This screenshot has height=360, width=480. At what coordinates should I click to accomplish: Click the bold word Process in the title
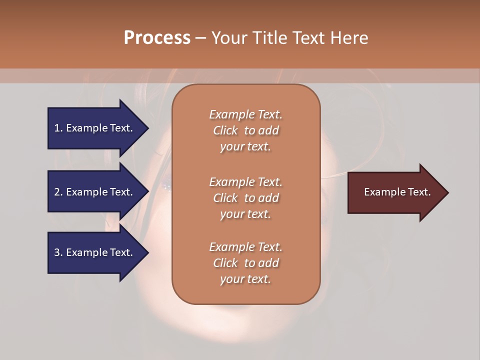[157, 38]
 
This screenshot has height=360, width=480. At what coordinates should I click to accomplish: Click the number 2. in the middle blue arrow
[58, 192]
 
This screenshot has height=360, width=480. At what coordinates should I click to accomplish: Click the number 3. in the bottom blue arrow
[58, 252]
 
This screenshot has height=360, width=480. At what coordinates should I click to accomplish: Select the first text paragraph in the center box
[245, 130]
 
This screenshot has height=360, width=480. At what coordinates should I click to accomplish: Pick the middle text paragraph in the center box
[245, 198]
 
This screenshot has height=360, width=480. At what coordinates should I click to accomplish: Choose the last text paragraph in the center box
[245, 263]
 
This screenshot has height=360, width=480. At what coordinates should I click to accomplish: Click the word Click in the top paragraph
[225, 130]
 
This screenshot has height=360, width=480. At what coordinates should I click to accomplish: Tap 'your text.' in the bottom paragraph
[245, 279]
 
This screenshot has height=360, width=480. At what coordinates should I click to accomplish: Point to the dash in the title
[200, 38]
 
